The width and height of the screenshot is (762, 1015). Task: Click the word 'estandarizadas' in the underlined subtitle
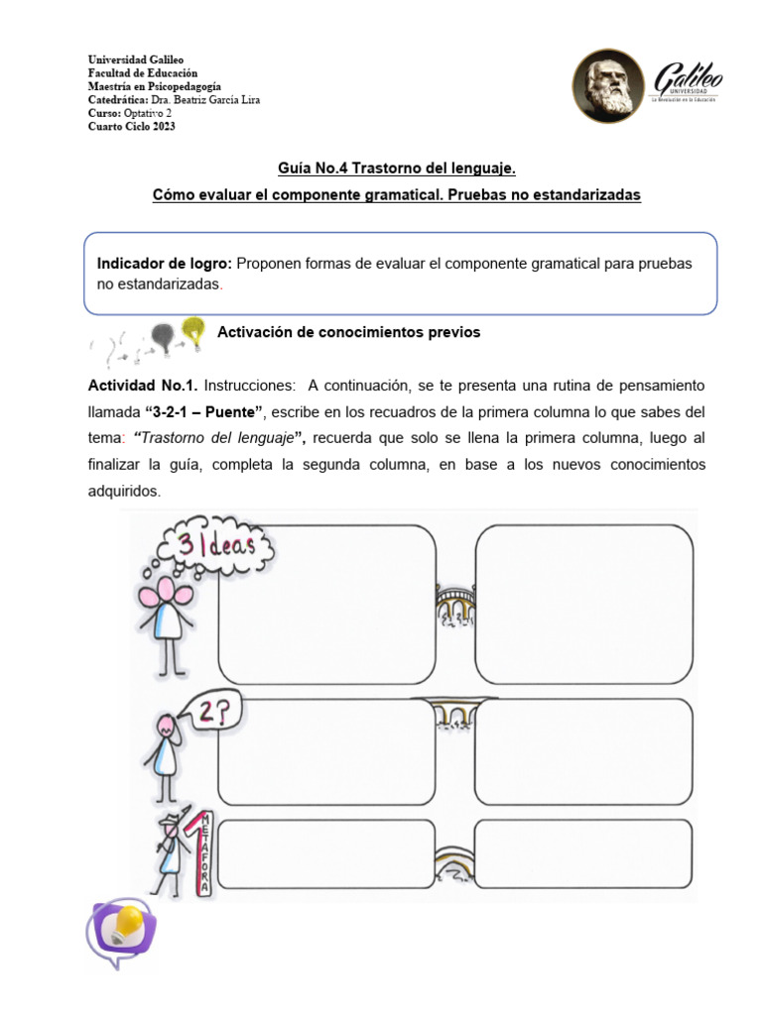coord(592,195)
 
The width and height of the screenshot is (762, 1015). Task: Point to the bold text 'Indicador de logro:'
coord(164,264)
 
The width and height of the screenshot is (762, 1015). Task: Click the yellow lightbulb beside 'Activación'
coord(193,330)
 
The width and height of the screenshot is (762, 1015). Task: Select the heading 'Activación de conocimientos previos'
coord(348,332)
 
